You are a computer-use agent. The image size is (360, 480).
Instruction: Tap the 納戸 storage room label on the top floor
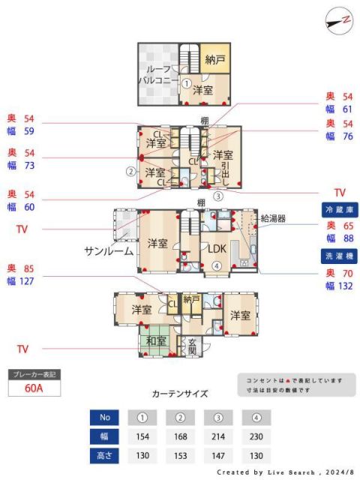[214, 58]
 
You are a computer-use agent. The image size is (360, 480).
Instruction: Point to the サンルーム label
[109, 250]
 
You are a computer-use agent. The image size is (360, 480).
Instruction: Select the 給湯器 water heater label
[273, 219]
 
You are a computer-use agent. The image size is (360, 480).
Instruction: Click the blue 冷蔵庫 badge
[339, 208]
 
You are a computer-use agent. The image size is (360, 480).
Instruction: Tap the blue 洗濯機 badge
[339, 256]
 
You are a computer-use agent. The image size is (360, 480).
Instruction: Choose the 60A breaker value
[33, 388]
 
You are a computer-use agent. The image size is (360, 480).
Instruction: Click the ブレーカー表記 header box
[33, 373]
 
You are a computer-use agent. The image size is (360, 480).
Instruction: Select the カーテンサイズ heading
[180, 392]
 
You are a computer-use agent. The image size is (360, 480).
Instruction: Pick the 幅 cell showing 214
[219, 436]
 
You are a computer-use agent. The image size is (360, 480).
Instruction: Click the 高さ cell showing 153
[180, 456]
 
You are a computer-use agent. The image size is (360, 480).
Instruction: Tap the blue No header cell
[104, 417]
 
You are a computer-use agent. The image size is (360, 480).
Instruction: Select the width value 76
[347, 136]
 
